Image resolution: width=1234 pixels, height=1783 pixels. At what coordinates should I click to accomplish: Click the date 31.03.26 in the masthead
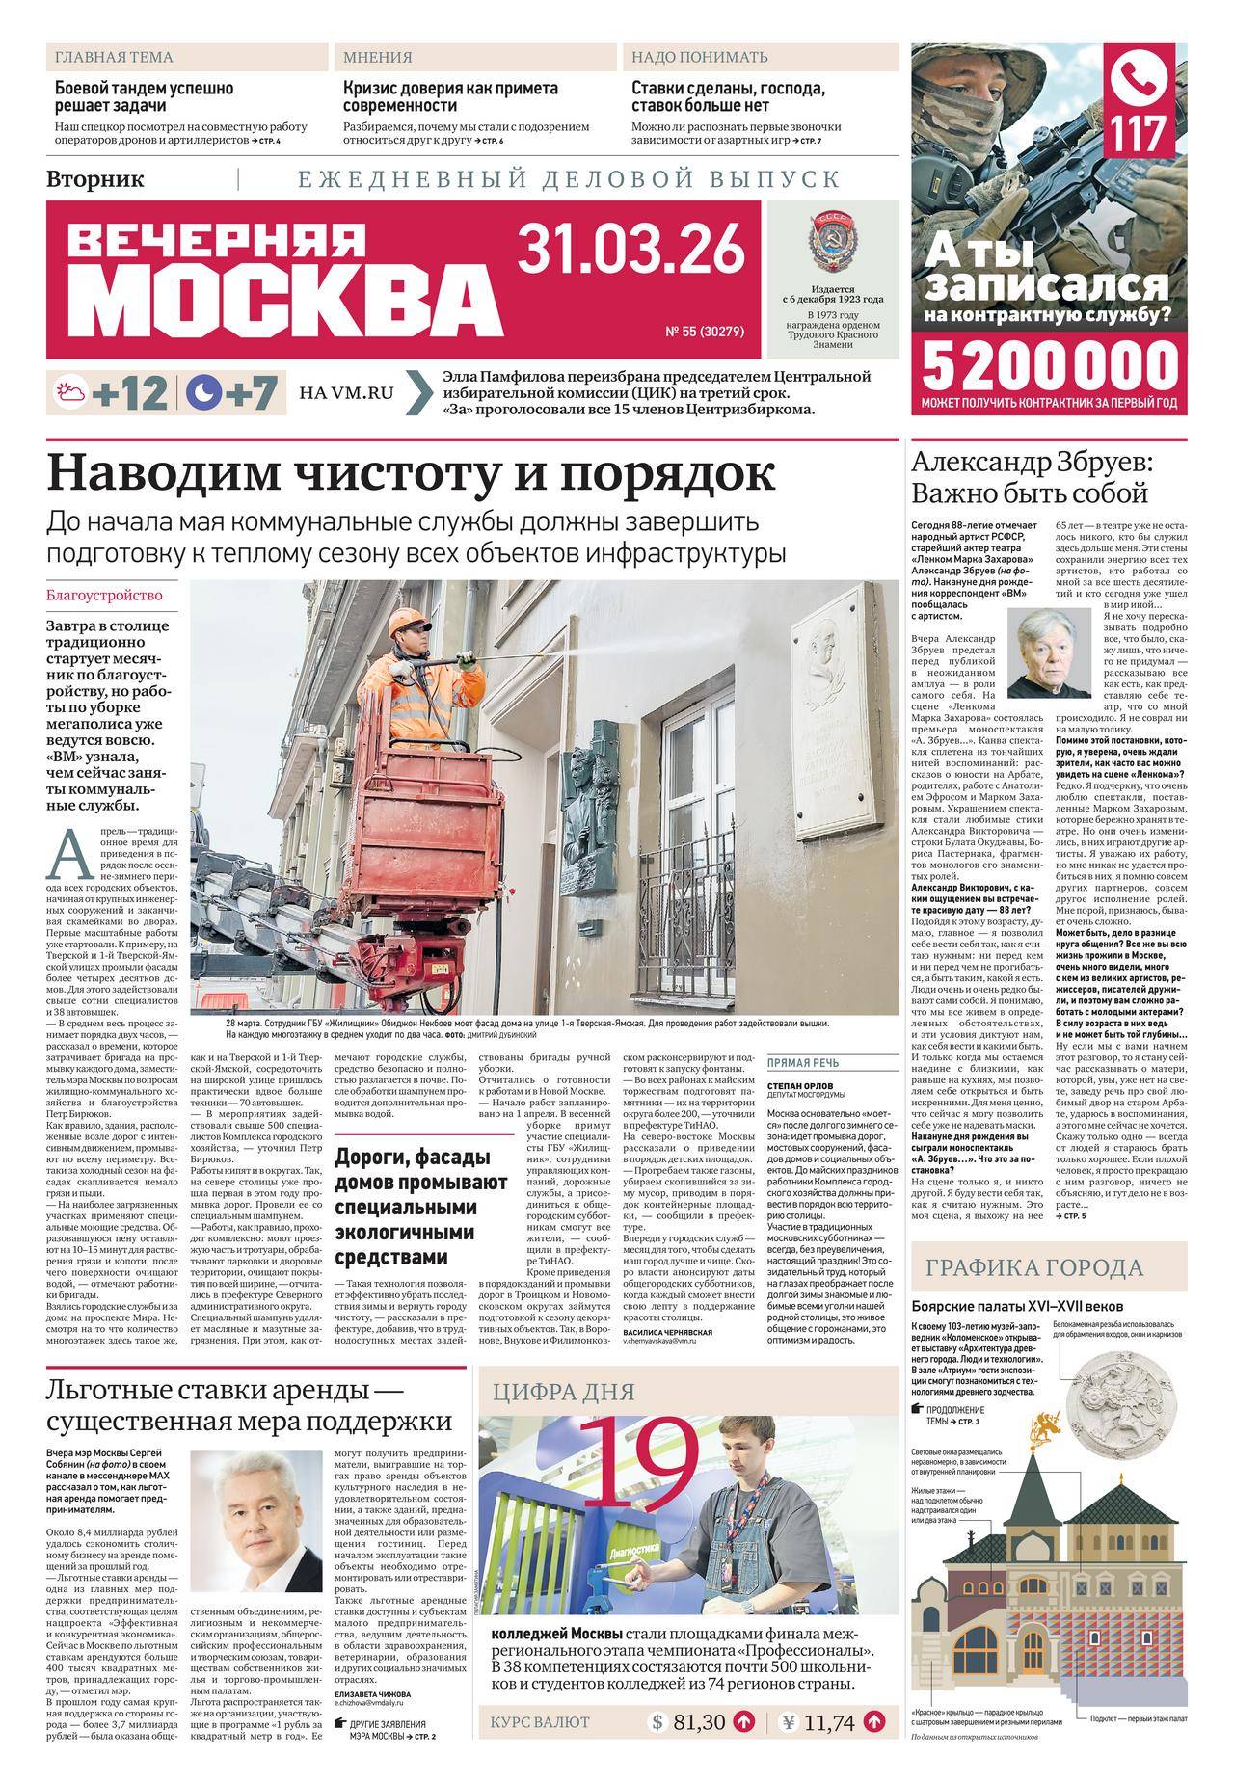click(631, 249)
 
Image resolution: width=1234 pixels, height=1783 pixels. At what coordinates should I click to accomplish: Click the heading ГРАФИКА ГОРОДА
click(1035, 1268)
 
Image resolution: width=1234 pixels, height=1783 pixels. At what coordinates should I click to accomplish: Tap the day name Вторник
click(95, 178)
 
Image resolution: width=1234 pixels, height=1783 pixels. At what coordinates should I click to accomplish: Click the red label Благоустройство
click(104, 596)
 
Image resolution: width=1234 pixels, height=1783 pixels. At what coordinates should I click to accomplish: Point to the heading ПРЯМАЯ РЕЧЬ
click(802, 1064)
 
